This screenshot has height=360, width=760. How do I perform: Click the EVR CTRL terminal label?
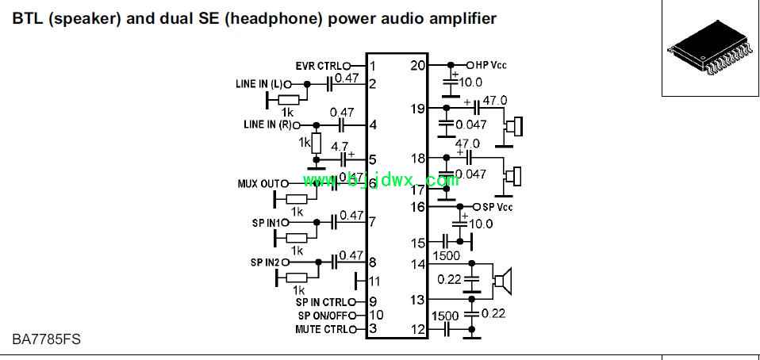318,65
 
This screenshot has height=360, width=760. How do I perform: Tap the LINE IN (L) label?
259,84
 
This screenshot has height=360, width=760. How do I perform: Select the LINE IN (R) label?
267,124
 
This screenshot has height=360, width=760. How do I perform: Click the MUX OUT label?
259,184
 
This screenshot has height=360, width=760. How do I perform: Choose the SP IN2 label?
265,262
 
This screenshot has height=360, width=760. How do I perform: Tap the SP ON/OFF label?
323,316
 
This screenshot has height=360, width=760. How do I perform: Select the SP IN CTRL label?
321,302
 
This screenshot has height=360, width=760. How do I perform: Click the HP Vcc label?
490,65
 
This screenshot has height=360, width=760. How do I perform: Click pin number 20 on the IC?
417,65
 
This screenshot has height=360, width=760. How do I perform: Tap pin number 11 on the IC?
374,281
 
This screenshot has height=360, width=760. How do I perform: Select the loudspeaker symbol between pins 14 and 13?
503,281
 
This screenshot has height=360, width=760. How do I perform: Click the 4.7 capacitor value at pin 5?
340,146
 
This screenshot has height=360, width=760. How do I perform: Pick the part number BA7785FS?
46,339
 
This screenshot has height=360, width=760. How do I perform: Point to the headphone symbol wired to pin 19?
514,127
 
